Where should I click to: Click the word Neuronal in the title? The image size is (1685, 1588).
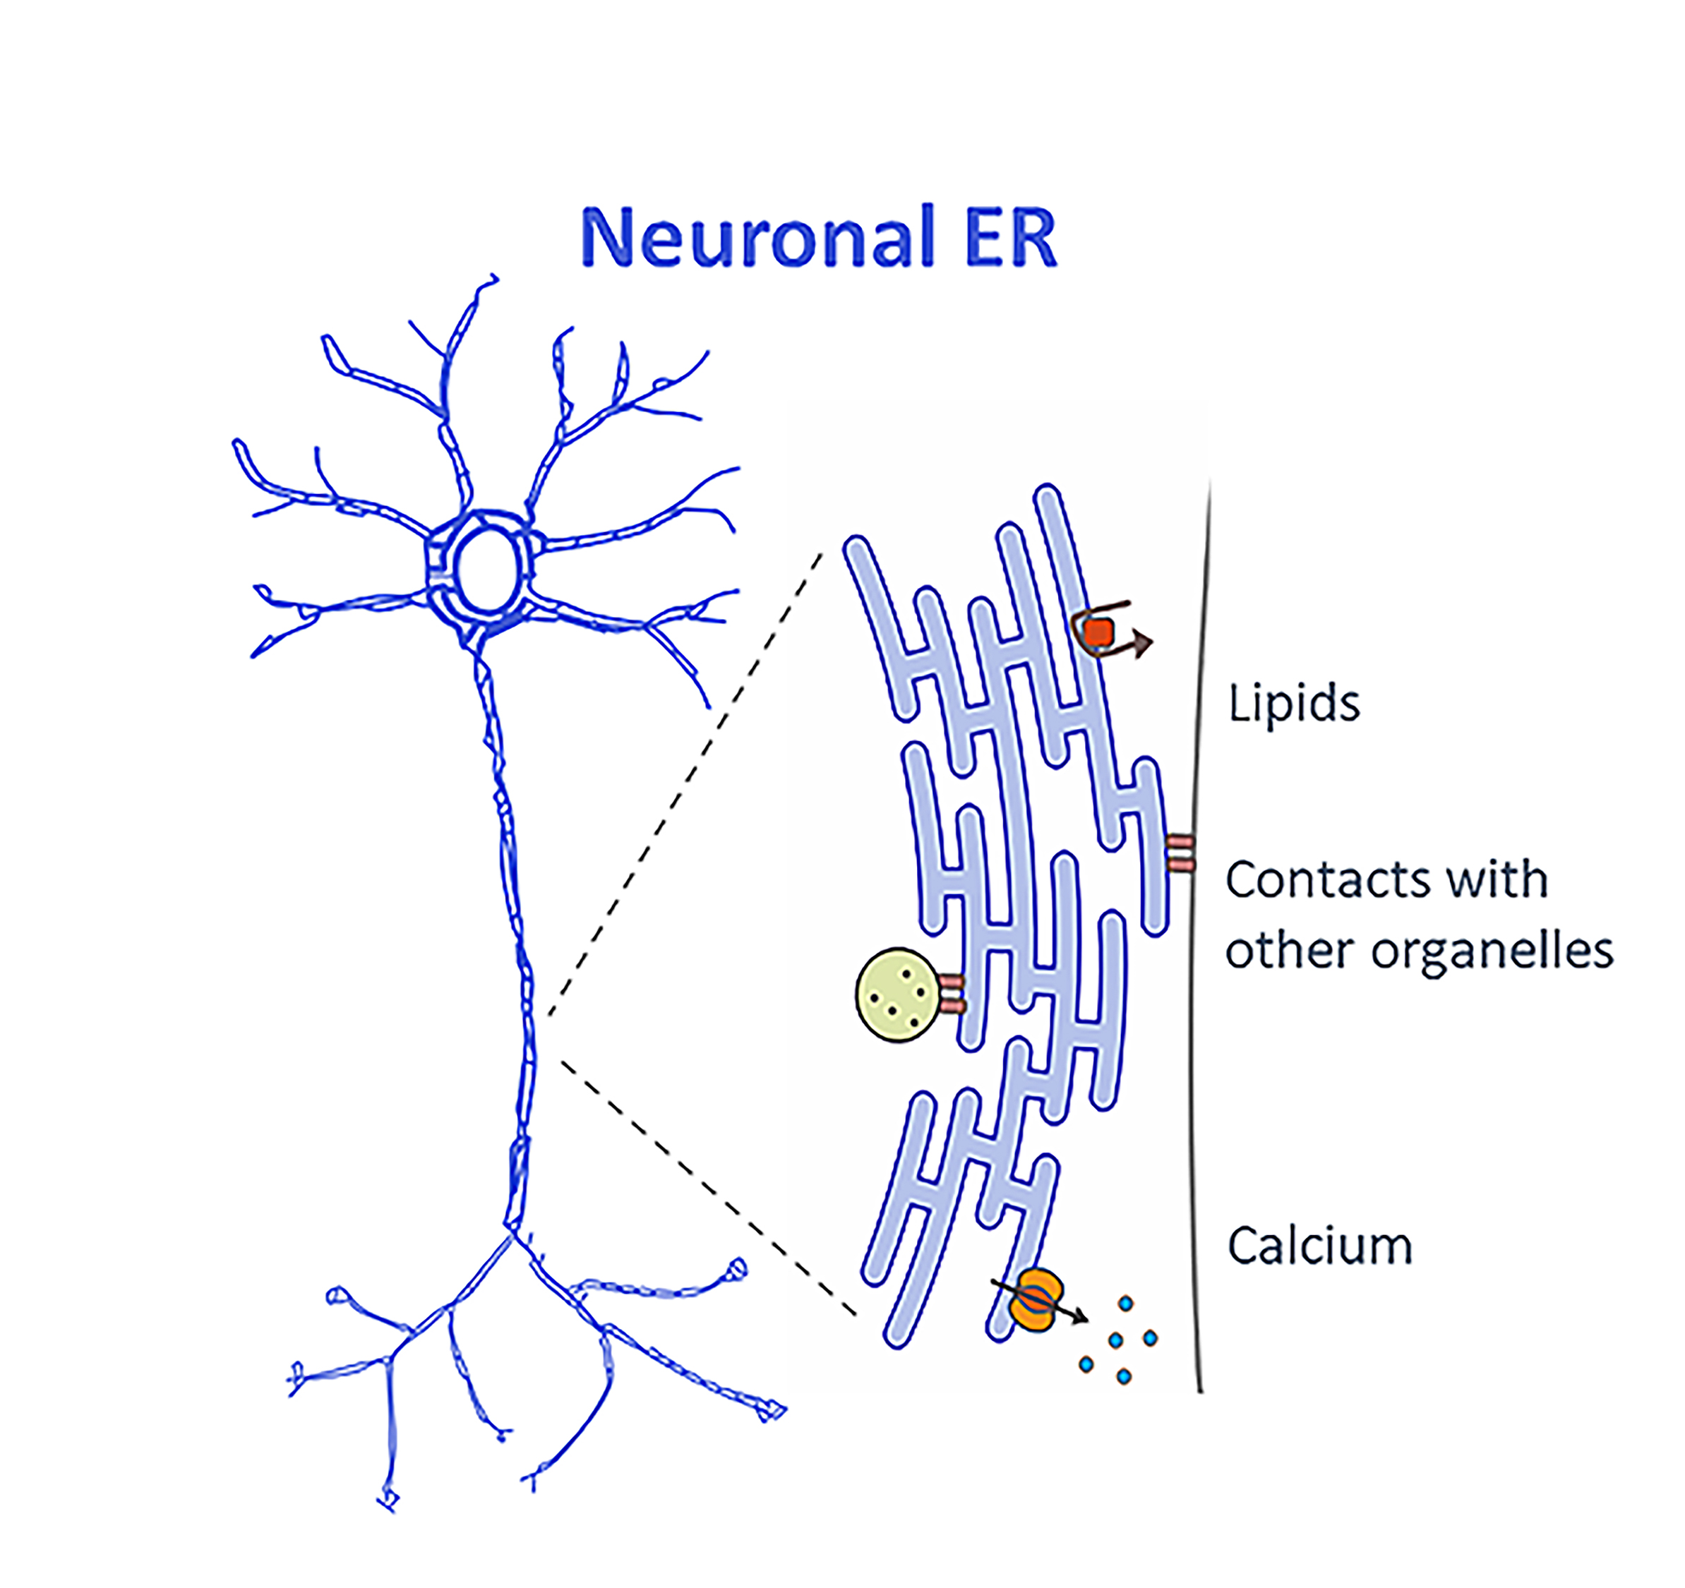(757, 237)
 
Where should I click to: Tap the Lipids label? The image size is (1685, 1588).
(1293, 704)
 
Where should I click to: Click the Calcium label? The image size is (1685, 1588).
(1319, 1246)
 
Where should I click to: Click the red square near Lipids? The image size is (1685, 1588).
(1099, 632)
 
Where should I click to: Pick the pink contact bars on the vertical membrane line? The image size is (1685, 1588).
(1180, 853)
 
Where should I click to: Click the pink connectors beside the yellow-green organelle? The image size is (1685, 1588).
(951, 994)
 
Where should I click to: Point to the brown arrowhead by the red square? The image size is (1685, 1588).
(1144, 643)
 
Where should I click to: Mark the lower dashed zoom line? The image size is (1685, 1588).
(708, 1187)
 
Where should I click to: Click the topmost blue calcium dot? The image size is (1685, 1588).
(1126, 1304)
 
